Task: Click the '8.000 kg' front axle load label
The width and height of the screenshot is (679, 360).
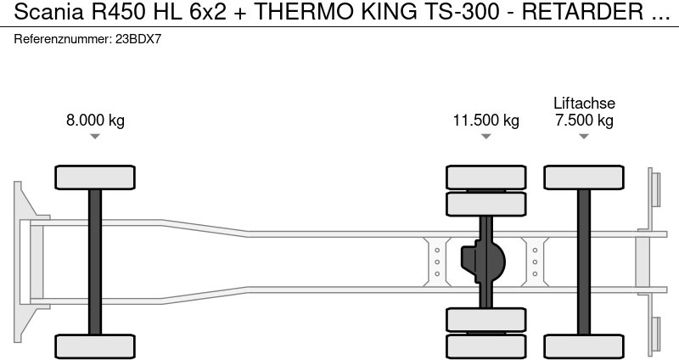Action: (x=95, y=120)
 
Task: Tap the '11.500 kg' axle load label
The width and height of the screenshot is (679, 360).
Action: (x=485, y=120)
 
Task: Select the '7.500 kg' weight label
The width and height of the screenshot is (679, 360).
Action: (x=584, y=120)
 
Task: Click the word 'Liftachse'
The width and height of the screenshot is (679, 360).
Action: (x=584, y=103)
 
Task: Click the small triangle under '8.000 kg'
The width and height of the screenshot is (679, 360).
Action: (x=95, y=137)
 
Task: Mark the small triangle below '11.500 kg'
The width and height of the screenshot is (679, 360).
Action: (x=485, y=137)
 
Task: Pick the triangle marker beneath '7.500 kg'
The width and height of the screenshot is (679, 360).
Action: (x=584, y=137)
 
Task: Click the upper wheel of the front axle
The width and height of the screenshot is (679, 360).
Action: (x=95, y=177)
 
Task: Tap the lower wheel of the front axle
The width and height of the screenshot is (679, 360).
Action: (x=95, y=346)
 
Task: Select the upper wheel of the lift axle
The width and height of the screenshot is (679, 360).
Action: (x=584, y=177)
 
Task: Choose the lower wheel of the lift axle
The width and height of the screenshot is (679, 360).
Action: (x=584, y=346)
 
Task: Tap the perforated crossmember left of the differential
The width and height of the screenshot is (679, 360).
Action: (x=436, y=262)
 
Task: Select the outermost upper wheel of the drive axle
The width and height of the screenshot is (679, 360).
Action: (x=485, y=177)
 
